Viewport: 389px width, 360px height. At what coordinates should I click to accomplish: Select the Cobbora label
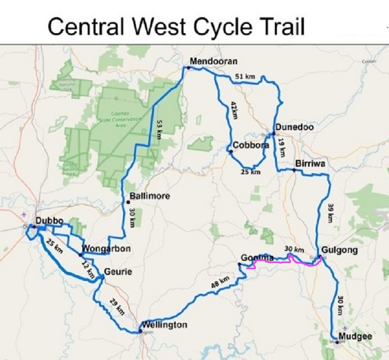point(251,145)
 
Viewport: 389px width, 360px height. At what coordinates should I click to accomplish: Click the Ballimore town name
point(151,197)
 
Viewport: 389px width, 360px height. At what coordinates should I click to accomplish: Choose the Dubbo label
point(48,220)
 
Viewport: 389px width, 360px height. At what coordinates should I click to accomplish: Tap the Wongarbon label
point(106,249)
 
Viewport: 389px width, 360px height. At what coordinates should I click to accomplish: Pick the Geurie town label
point(118,272)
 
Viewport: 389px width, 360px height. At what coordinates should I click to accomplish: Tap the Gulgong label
point(338,249)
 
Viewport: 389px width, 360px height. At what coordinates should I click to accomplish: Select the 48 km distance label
point(220,283)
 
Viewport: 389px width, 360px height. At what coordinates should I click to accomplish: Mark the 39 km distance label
point(330,212)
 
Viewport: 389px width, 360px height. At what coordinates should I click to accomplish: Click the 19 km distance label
point(282,148)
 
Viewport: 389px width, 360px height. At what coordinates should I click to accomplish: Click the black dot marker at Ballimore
point(128,201)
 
